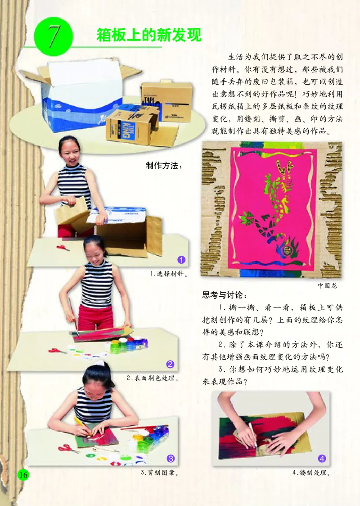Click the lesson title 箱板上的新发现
[148, 35]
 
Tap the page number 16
[23, 474]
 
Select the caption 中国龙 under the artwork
[327, 285]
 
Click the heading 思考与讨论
[225, 296]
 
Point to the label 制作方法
[164, 165]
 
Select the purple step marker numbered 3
[171, 458]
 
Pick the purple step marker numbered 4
[322, 458]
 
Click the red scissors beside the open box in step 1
[63, 248]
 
